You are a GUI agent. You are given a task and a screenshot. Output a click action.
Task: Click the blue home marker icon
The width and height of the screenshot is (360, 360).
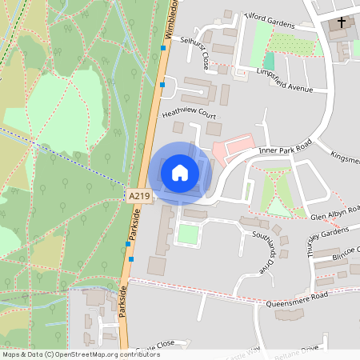pyautogui.click(x=180, y=172)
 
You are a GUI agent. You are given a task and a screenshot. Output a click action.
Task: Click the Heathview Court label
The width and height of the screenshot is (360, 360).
pyautogui.click(x=190, y=116)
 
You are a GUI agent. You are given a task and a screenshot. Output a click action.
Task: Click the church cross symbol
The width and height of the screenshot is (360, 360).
pyautogui.click(x=342, y=23)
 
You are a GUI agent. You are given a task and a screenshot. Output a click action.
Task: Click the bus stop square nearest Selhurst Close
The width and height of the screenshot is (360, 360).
pyautogui.click(x=162, y=48)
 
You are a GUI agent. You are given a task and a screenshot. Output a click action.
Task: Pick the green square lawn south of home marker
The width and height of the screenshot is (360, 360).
pyautogui.click(x=186, y=234)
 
